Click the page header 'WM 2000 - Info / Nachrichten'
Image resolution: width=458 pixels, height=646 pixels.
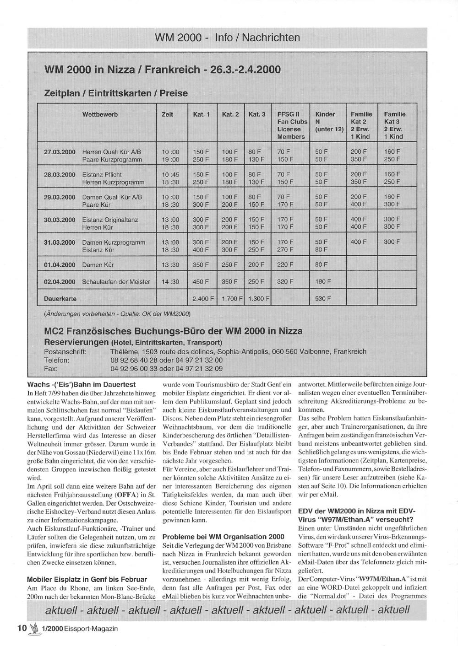(228, 38)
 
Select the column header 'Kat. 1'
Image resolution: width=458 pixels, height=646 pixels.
(201, 114)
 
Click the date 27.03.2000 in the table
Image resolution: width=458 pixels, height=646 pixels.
(60, 151)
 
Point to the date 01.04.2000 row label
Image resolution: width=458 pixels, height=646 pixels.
(60, 265)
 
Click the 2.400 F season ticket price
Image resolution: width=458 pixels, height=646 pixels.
(203, 299)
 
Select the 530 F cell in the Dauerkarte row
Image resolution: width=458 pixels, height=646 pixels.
(323, 299)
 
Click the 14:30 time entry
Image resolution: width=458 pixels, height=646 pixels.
(170, 282)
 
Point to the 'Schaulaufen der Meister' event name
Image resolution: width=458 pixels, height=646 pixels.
(116, 282)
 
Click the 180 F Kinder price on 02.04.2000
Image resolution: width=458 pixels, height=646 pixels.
(323, 282)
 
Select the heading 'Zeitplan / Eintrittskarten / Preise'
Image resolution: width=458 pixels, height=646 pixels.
(115, 93)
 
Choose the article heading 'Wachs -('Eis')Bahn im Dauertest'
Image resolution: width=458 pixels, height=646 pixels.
(82, 385)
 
